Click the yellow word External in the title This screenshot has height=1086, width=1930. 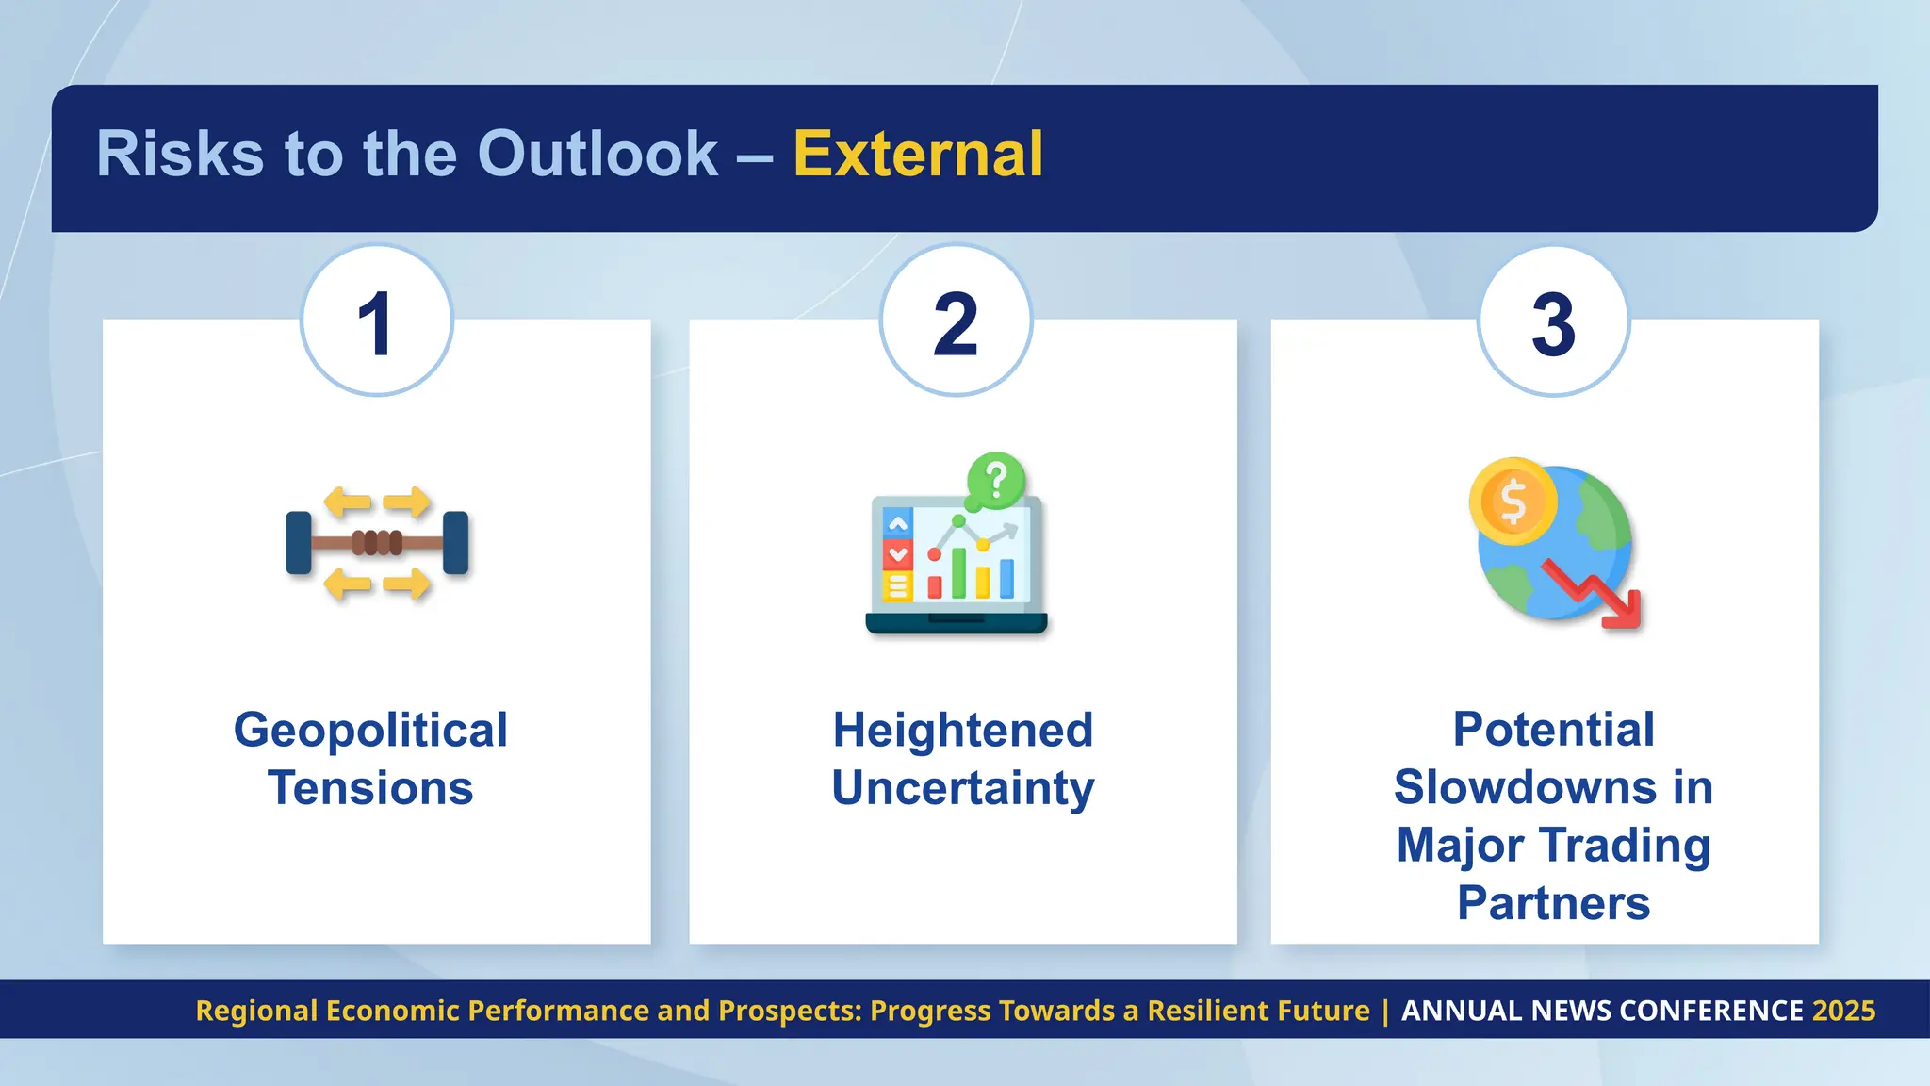[918, 154]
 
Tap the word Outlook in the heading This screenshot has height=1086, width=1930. [597, 154]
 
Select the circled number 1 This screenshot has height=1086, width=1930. [376, 322]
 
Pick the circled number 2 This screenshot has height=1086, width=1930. [956, 322]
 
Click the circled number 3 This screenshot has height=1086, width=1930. [1553, 322]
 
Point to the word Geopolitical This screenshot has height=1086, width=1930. [370, 731]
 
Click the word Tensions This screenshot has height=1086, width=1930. [370, 788]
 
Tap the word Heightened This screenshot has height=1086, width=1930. [962, 731]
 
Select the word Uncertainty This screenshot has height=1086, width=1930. [962, 788]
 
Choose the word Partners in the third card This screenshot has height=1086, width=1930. [1553, 903]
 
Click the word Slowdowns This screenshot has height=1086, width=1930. [1525, 787]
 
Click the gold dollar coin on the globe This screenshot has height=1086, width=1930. [1513, 502]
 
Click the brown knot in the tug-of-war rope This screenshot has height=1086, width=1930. [377, 542]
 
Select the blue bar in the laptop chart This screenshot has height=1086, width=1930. [1006, 579]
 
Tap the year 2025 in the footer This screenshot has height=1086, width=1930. [1843, 1011]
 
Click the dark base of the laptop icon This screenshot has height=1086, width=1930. [956, 623]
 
